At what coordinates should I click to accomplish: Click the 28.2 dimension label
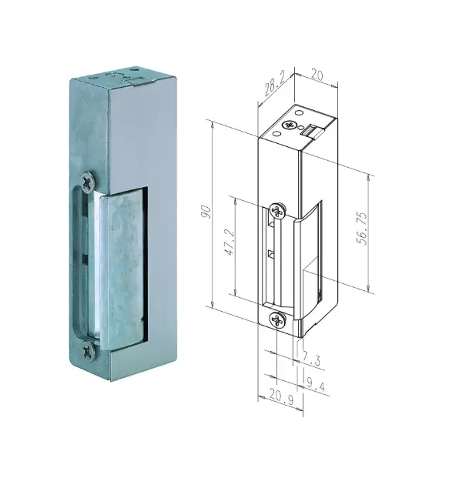[x=274, y=85]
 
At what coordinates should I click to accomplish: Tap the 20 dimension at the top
[x=317, y=75]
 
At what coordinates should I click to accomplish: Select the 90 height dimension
[x=207, y=212]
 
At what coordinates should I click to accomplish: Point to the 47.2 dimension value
[x=230, y=242]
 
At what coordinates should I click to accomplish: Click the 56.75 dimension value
[x=362, y=229]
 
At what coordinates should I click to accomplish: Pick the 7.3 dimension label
[x=311, y=359]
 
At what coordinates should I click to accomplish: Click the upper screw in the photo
[x=88, y=182]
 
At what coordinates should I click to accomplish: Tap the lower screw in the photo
[x=88, y=352]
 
